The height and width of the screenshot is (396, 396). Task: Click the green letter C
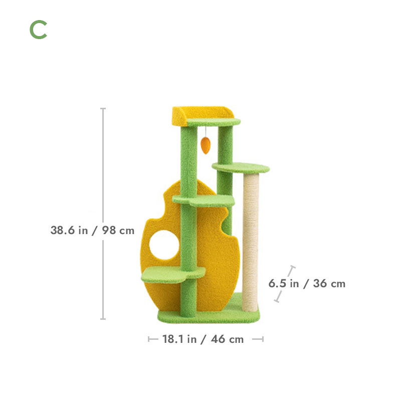tap(38, 30)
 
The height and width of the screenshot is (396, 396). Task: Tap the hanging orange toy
tap(206, 145)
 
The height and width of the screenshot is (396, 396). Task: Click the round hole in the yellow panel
tap(164, 245)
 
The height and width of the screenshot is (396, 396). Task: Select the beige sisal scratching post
tap(250, 243)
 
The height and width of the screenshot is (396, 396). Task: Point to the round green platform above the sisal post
tap(241, 168)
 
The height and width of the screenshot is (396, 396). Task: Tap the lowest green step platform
tap(173, 275)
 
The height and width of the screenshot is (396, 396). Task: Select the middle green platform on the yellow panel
tap(204, 201)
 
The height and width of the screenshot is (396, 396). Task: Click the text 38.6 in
tap(69, 230)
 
